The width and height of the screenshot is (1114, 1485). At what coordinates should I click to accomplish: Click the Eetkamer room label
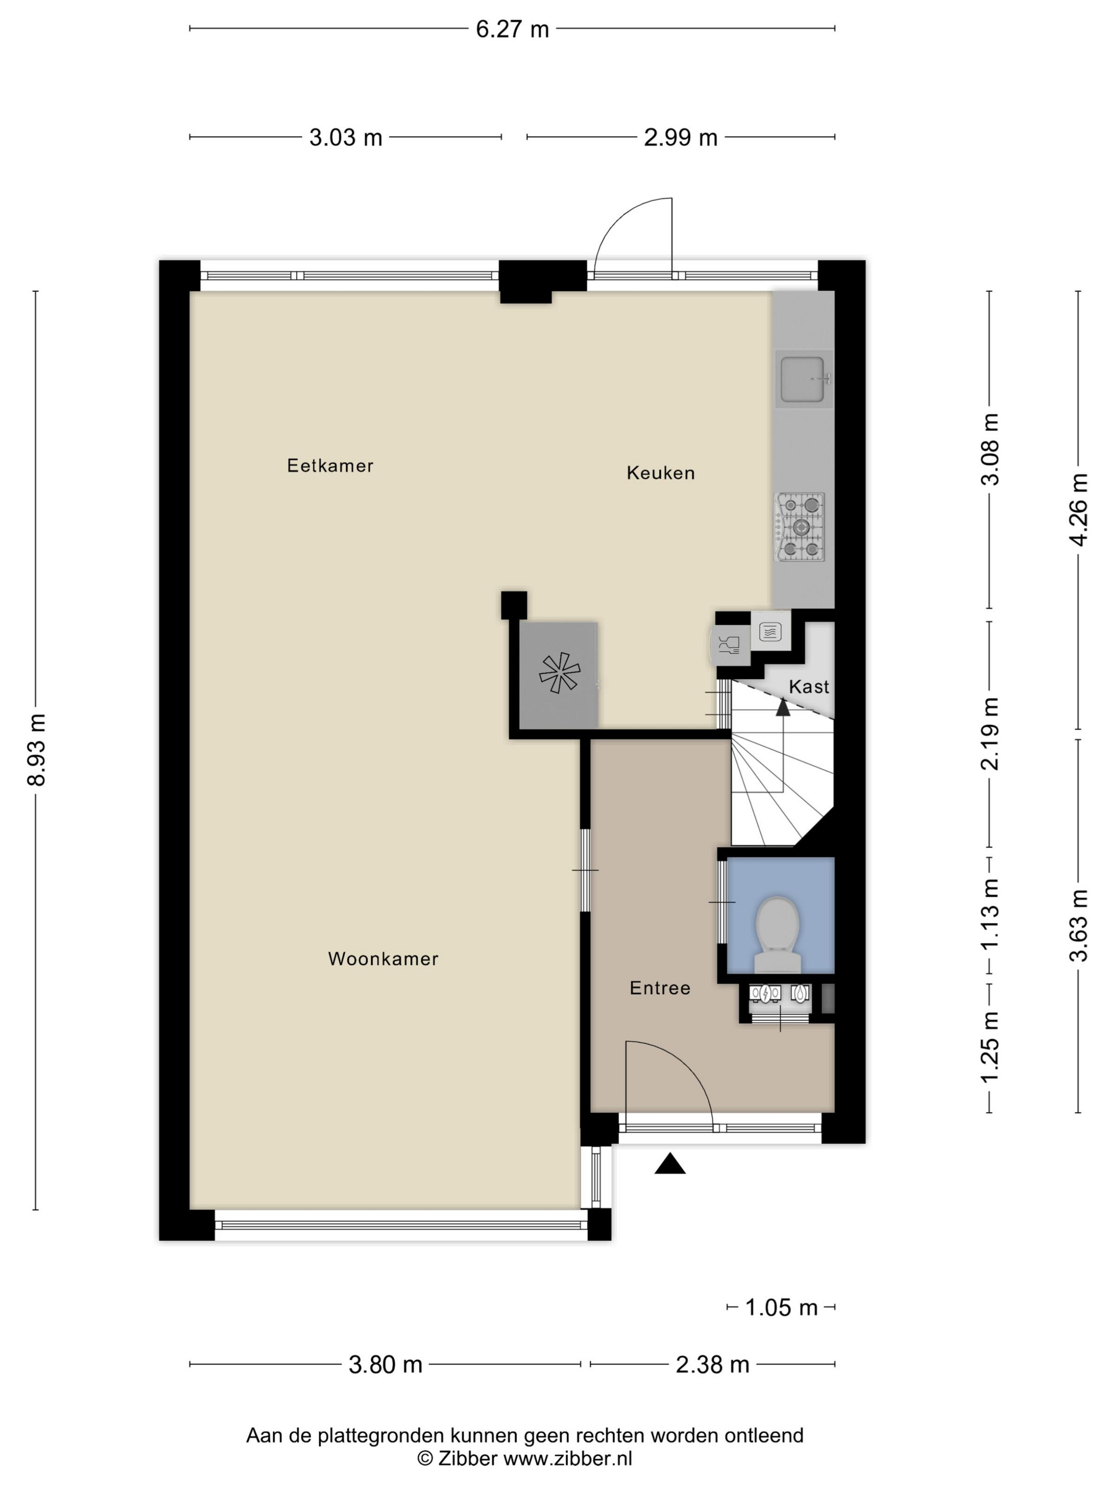pyautogui.click(x=330, y=465)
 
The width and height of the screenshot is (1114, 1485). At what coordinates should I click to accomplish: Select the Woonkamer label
pyautogui.click(x=383, y=959)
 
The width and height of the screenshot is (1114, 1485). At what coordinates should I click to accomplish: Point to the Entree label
pyautogui.click(x=659, y=988)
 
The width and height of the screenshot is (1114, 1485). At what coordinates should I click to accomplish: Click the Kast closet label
pyautogui.click(x=808, y=687)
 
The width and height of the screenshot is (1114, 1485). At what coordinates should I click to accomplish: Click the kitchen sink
pyautogui.click(x=803, y=379)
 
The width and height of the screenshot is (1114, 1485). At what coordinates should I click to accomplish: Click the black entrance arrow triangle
pyautogui.click(x=669, y=1164)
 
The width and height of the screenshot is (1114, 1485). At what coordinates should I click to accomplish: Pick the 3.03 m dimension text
pyautogui.click(x=345, y=137)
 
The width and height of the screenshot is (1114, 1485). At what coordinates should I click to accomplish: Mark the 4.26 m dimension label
pyautogui.click(x=1078, y=510)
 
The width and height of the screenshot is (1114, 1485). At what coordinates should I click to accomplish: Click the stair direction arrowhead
pyautogui.click(x=783, y=707)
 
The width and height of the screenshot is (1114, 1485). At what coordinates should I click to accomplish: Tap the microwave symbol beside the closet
pyautogui.click(x=770, y=631)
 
